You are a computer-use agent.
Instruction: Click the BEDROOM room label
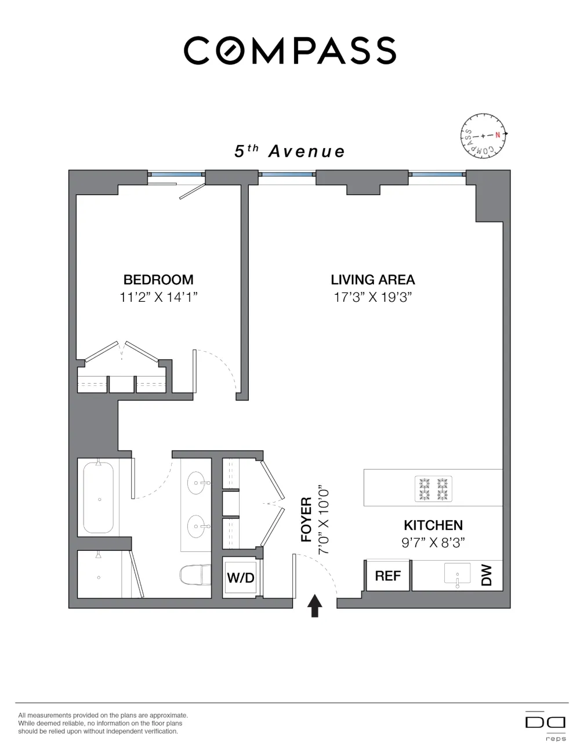click(158, 280)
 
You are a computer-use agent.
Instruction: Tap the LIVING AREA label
click(373, 280)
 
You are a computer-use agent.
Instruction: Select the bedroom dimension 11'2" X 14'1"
click(158, 297)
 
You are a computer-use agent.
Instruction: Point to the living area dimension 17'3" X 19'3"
click(373, 297)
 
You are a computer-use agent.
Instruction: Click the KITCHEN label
click(433, 525)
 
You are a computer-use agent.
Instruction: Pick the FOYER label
click(307, 519)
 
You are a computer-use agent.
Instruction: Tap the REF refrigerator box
click(387, 576)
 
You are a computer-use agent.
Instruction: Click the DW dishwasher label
click(486, 575)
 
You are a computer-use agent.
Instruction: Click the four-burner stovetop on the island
click(433, 489)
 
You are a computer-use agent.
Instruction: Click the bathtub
click(99, 498)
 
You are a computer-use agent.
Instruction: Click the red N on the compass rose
click(498, 135)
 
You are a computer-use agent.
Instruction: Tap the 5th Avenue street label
click(289, 151)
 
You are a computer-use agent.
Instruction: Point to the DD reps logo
click(545, 726)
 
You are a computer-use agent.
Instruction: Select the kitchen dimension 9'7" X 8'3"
click(433, 543)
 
